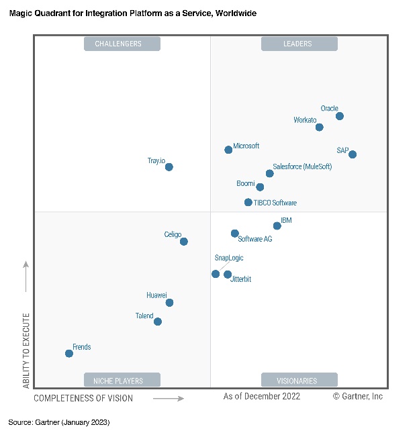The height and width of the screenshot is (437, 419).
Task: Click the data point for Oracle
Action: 340,116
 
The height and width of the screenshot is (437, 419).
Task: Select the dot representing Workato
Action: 319,128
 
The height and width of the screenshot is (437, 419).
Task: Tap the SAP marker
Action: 353,154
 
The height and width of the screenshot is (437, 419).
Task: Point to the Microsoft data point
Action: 228,150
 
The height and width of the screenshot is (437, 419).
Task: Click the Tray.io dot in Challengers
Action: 169,167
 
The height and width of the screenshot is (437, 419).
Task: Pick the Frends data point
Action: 68,353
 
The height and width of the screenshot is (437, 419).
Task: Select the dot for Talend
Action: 158,322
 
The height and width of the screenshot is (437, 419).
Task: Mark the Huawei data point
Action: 169,303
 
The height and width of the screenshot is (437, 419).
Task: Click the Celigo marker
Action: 184,242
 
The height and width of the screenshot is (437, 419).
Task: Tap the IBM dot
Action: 277,226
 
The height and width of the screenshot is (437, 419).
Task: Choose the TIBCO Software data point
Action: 248,202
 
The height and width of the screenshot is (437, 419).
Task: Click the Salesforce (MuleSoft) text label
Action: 302,166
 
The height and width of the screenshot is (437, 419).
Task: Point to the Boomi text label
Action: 246,183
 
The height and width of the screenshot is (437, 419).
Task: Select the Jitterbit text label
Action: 240,279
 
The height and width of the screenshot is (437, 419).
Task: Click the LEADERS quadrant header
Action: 299,44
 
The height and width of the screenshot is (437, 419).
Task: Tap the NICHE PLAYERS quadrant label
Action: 122,381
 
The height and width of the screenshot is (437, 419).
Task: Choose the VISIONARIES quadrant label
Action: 299,381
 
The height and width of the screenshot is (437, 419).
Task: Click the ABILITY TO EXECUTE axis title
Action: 27,350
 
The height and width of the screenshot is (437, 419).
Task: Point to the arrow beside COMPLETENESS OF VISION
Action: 169,398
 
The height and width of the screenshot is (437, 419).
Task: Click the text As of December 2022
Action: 262,397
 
